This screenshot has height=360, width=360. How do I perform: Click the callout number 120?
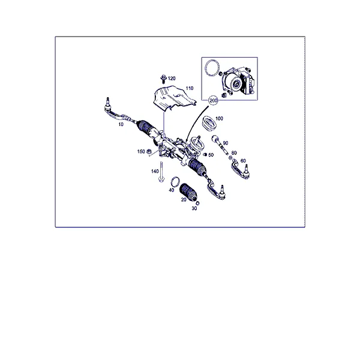pyautogui.click(x=172, y=79)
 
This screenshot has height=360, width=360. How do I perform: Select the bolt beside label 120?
pyautogui.click(x=163, y=79)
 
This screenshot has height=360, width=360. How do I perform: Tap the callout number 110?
pyautogui.click(x=190, y=88)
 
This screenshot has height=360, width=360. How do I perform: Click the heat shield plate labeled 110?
pyautogui.click(x=174, y=98)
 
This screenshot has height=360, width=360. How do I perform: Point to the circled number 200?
pyautogui.click(x=213, y=101)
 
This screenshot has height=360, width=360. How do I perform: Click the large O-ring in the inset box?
pyautogui.click(x=212, y=67)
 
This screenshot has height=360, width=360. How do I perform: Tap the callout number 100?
pyautogui.click(x=219, y=118)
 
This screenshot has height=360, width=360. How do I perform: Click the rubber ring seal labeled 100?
pyautogui.click(x=209, y=124)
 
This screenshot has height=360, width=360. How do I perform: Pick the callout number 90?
pyautogui.click(x=226, y=143)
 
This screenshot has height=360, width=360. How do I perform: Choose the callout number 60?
pyautogui.click(x=243, y=161)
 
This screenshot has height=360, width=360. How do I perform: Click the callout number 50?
pyautogui.click(x=211, y=155)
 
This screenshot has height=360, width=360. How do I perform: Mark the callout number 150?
pyautogui.click(x=141, y=152)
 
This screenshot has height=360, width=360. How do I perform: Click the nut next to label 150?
pyautogui.click(x=149, y=152)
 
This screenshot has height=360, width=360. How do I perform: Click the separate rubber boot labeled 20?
pyautogui.click(x=188, y=192)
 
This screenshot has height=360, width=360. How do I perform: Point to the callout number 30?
pyautogui.click(x=194, y=208)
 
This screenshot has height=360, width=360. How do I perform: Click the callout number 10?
pyautogui.click(x=121, y=124)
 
